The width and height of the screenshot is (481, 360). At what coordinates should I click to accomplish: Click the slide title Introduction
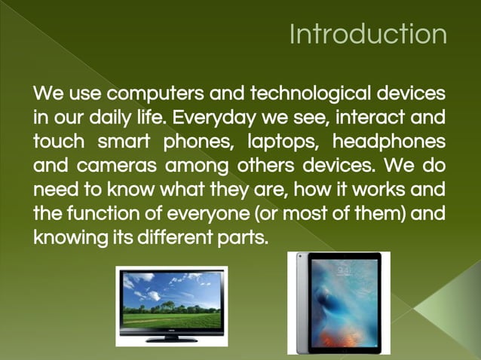coord(368,35)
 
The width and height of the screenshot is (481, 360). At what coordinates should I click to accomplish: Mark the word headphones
coord(388,142)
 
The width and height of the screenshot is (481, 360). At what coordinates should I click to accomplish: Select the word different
coord(170,236)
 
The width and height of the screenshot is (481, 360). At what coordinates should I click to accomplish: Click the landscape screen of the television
coord(171,302)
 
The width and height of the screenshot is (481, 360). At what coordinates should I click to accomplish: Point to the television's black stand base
coord(171,338)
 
